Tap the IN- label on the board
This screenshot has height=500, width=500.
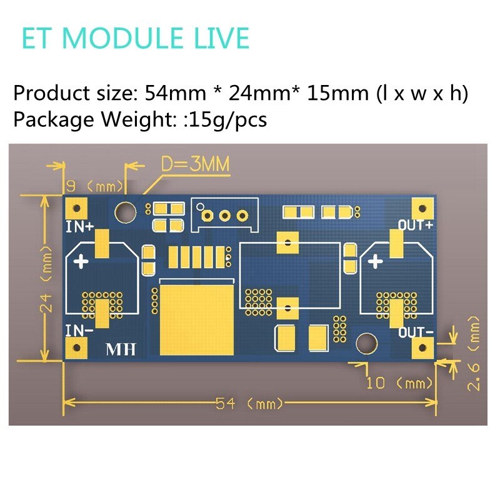[x=79, y=330]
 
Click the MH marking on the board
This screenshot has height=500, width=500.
[x=121, y=349]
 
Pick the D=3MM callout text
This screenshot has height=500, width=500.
[x=195, y=164]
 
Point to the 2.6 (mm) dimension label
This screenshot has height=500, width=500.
[x=475, y=352]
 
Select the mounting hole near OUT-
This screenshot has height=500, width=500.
[x=365, y=342]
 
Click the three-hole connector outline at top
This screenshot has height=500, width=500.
[x=225, y=214]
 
